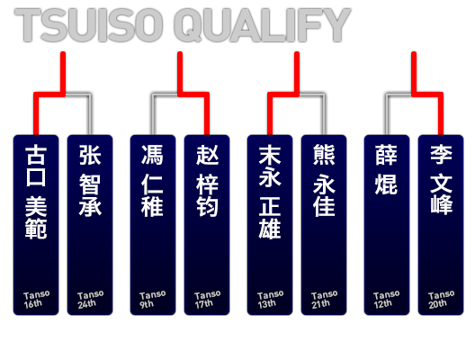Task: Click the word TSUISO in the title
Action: (x=88, y=25)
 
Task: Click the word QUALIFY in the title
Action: (x=263, y=25)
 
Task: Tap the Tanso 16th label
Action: (x=36, y=300)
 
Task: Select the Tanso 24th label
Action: (x=90, y=300)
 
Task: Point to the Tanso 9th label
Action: (x=152, y=300)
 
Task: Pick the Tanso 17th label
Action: (x=207, y=300)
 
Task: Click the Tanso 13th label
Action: (x=270, y=300)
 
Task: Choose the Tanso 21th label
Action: (x=324, y=300)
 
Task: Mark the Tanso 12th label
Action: (x=386, y=300)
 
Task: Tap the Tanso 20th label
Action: (x=441, y=300)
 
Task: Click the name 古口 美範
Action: (x=36, y=192)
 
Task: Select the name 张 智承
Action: (x=90, y=180)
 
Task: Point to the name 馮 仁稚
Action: (x=152, y=180)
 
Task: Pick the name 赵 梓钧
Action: (x=207, y=180)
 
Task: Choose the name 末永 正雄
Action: (x=270, y=192)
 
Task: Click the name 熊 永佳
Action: (x=324, y=180)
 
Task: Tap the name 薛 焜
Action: (x=386, y=169)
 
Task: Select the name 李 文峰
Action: (x=441, y=179)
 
